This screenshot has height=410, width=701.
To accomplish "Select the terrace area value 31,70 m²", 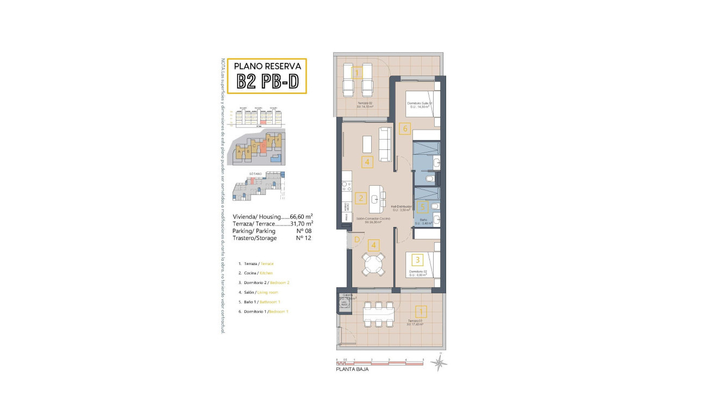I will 302,223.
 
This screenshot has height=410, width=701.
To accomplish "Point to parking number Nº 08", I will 304,231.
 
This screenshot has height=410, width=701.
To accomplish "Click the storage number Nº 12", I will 303,238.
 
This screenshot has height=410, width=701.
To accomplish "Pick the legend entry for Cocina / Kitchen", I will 255,273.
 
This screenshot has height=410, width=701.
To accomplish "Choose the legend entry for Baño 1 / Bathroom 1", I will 262,302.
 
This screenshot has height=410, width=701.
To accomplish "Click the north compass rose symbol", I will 439,362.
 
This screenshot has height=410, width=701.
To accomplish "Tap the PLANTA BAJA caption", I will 352,369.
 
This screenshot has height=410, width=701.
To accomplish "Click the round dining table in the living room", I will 373,264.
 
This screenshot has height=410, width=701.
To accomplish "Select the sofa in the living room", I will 385,144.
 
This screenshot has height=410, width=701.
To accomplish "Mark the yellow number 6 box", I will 403,129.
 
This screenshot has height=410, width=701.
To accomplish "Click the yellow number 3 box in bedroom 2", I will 417,260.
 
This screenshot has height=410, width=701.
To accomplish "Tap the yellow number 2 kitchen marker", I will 360,198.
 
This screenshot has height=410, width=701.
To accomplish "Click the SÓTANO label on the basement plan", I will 255,174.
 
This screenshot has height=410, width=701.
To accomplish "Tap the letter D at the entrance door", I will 356,239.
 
